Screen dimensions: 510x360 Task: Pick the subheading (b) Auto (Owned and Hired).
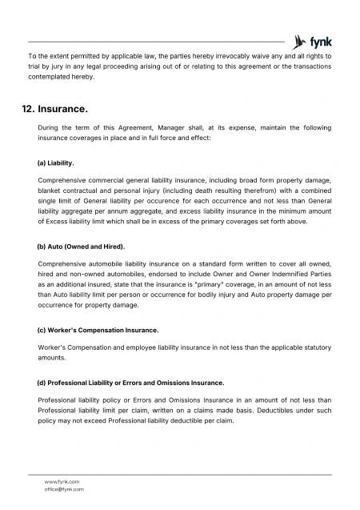(x=82, y=246)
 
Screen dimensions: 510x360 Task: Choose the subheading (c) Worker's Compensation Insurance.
(x=98, y=330)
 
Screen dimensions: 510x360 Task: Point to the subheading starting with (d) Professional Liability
(x=130, y=382)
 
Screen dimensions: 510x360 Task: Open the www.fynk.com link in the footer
(x=62, y=481)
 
